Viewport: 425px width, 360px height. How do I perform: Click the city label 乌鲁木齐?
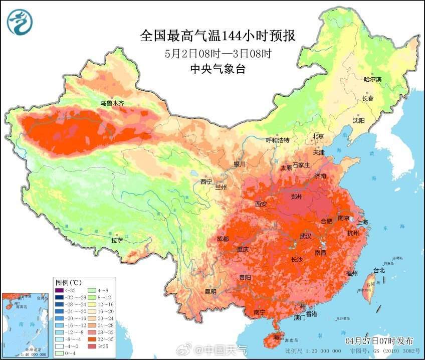[x=112, y=103]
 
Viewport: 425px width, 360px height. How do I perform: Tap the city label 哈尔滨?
[x=372, y=80]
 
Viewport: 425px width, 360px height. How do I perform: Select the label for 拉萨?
[x=117, y=240]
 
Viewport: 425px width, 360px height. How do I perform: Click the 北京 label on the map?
[x=318, y=136]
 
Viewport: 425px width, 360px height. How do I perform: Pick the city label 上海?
[x=362, y=222]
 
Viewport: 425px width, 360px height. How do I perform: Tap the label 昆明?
[x=210, y=292]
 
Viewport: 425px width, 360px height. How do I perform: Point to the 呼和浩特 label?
[x=277, y=140]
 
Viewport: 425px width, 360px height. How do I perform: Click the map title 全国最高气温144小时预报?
[x=218, y=36]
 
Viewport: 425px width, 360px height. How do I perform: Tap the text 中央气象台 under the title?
[x=218, y=70]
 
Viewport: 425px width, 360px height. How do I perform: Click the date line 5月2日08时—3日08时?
[x=218, y=53]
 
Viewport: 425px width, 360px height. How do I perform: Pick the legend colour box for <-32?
[x=60, y=289]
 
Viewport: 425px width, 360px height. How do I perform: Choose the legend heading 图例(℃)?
[x=69, y=282]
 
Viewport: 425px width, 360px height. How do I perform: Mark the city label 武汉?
[x=305, y=236]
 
